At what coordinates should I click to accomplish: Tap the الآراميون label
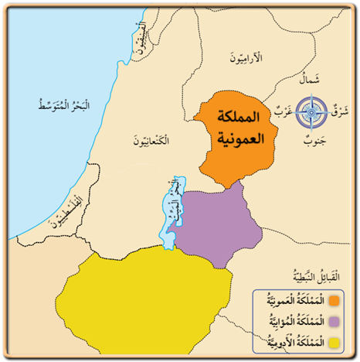pos(247,57)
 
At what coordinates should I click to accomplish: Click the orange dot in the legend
pos(335,299)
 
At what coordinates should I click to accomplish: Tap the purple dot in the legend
pos(335,320)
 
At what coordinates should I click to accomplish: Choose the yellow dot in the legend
pos(335,340)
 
